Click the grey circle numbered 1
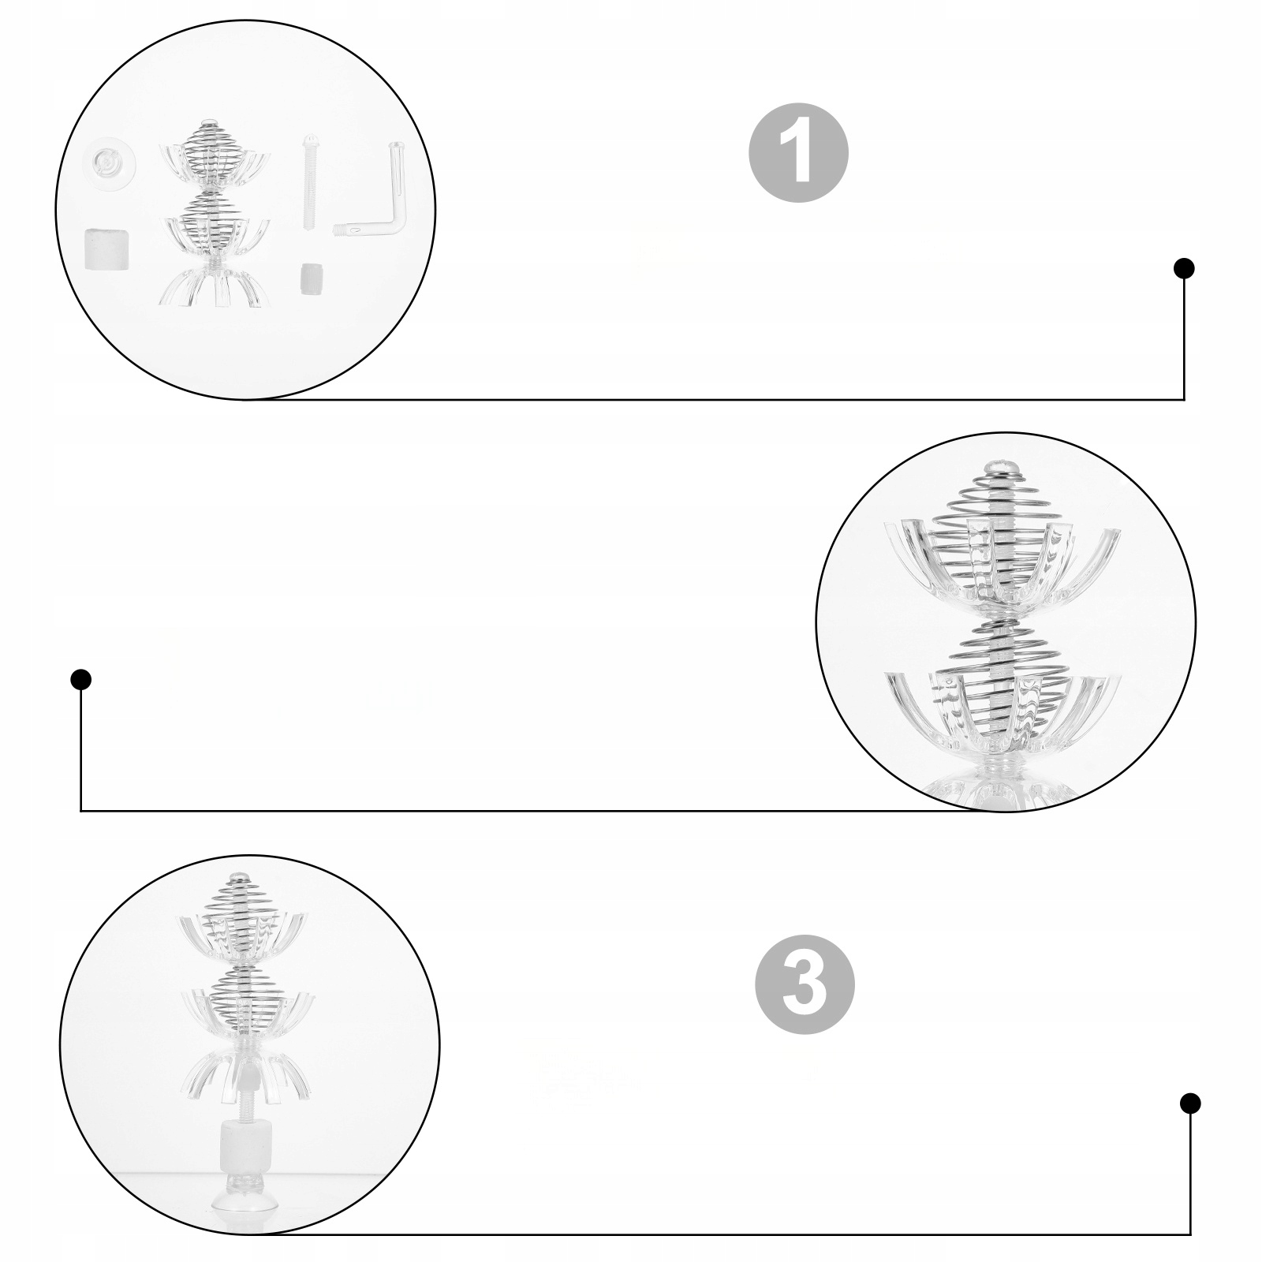pyautogui.click(x=798, y=154)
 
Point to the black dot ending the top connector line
pyautogui.click(x=1184, y=269)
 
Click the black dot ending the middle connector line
pyautogui.click(x=81, y=679)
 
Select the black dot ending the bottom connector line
pyautogui.click(x=1190, y=1103)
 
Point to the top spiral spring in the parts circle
pyautogui.click(x=209, y=150)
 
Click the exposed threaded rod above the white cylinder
pyautogui.click(x=243, y=1100)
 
